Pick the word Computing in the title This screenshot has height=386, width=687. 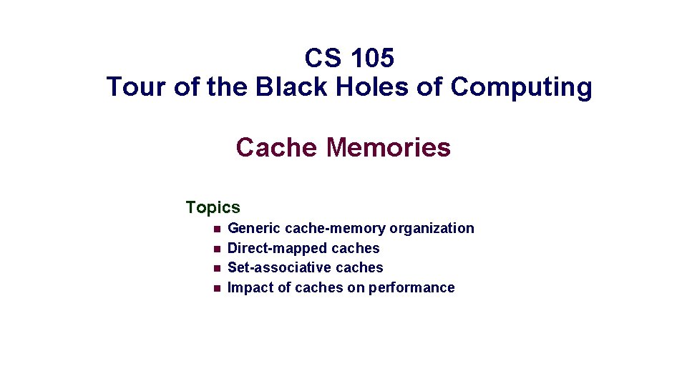pyautogui.click(x=521, y=87)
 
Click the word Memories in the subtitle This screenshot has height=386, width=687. pyautogui.click(x=388, y=147)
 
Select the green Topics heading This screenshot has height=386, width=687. pyautogui.click(x=213, y=207)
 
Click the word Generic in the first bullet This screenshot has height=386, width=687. pyautogui.click(x=253, y=229)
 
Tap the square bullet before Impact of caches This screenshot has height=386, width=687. pyautogui.click(x=215, y=288)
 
